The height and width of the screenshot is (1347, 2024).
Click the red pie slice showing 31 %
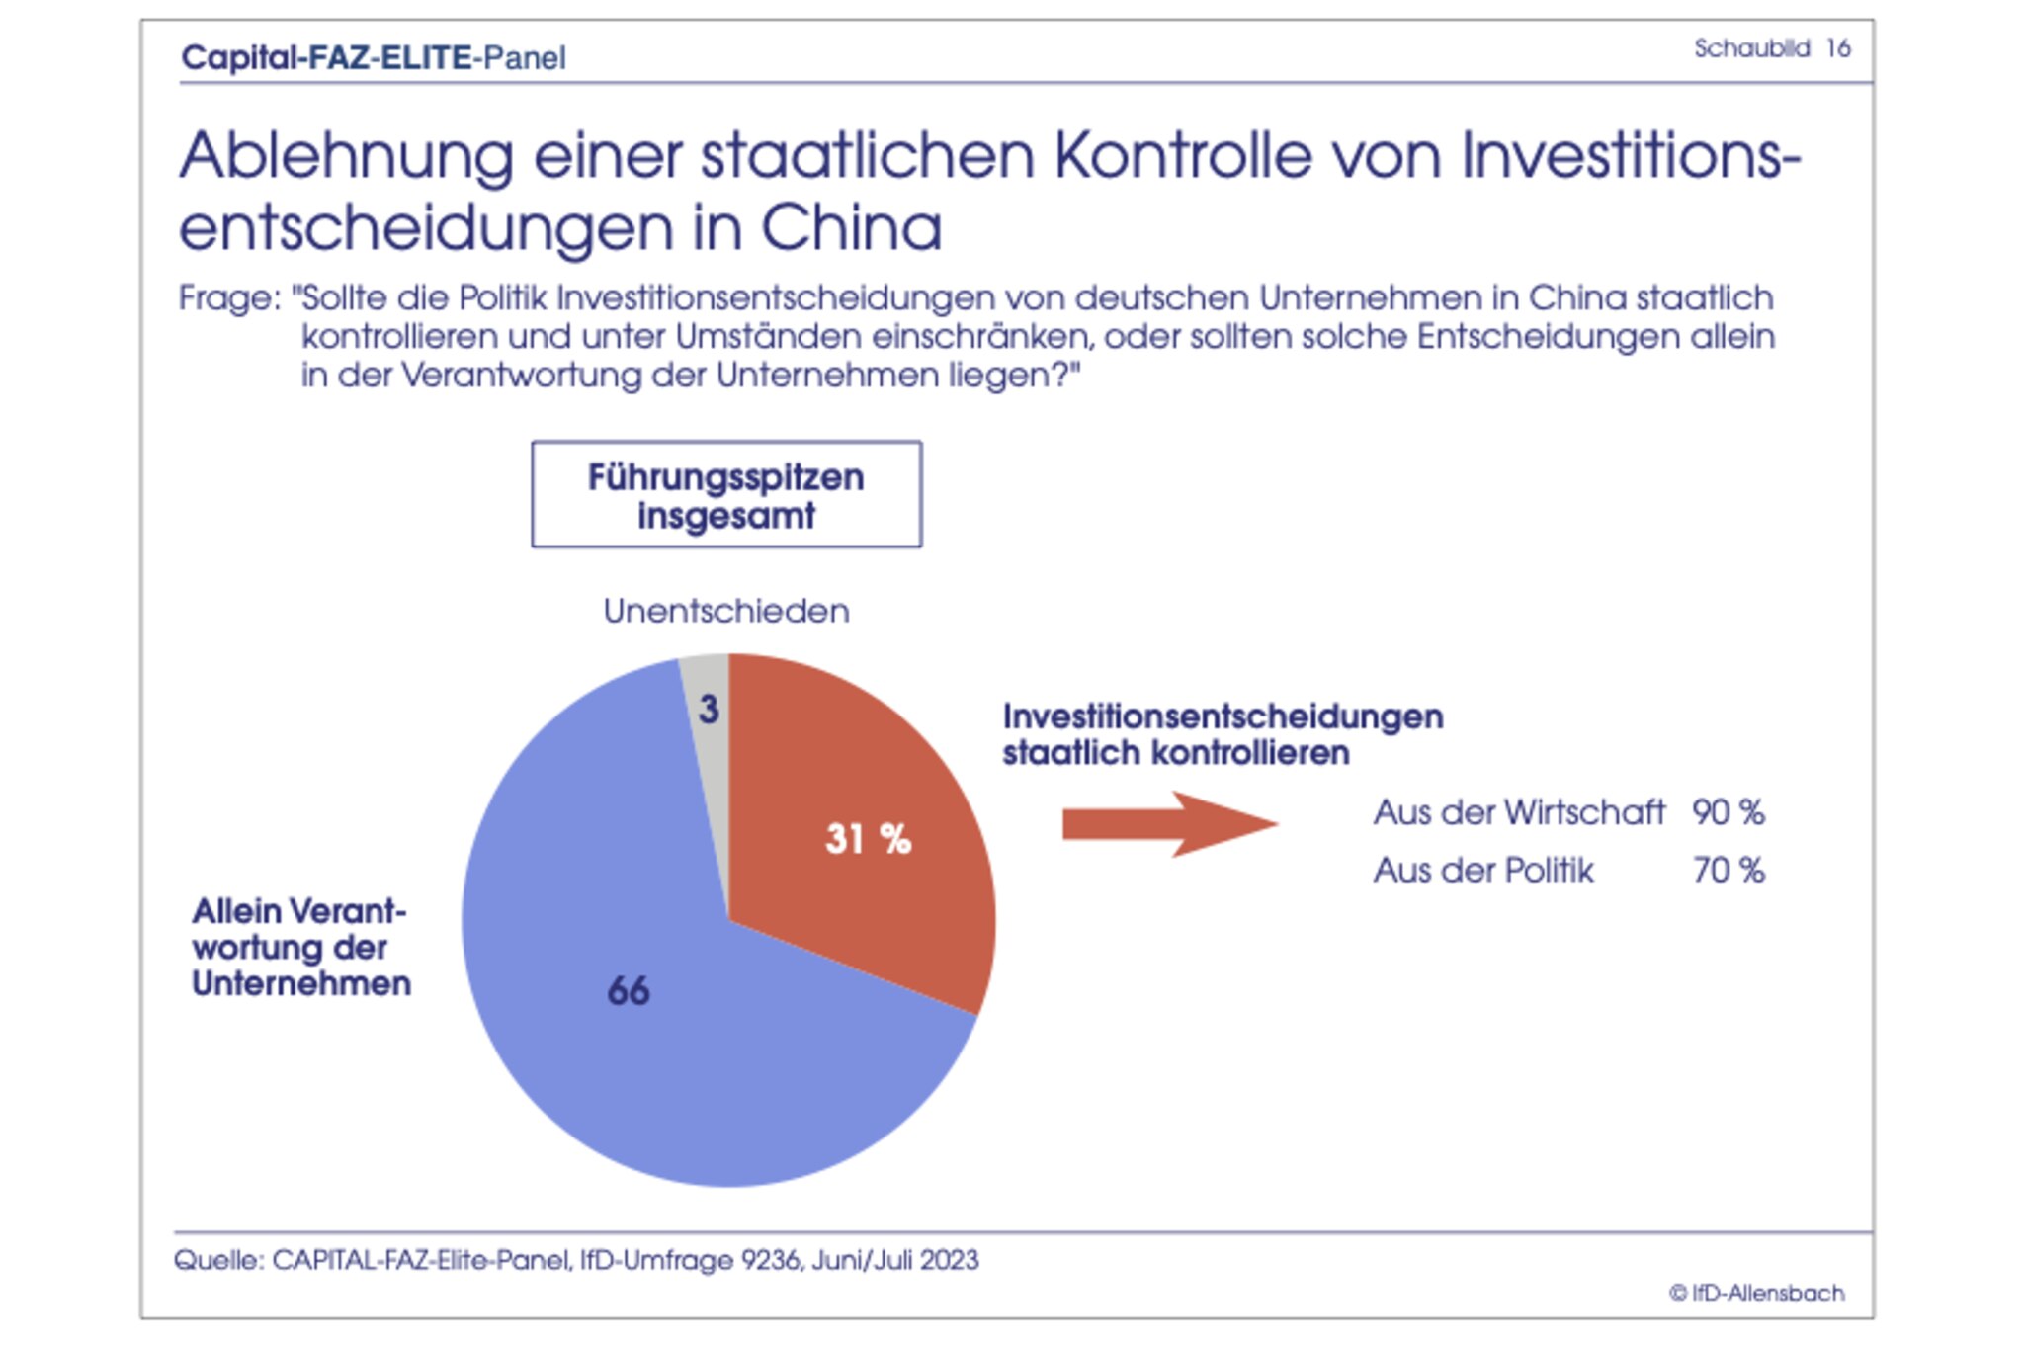tap(870, 840)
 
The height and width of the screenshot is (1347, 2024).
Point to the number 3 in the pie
tap(709, 710)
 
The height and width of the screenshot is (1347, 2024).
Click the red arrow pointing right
tap(1166, 823)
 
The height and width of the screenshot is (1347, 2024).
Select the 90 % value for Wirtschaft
tap(1728, 812)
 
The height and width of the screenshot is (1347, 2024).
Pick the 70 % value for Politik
tap(1728, 871)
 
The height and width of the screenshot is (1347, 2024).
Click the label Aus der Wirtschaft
tap(1518, 812)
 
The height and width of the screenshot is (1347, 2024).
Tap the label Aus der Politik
tap(1482, 871)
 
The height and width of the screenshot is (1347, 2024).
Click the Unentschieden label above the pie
tap(726, 612)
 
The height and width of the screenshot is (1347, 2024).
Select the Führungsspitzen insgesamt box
tap(726, 495)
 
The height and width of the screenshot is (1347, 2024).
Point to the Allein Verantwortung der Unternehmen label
tap(300, 947)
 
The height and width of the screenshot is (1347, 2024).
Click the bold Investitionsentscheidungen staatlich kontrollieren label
tap(1223, 734)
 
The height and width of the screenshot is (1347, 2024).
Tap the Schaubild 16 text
tap(1771, 48)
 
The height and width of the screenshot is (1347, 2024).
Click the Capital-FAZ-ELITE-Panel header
tap(374, 58)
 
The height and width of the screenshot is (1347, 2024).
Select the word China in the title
tap(851, 228)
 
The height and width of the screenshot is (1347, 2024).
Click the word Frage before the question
tap(228, 298)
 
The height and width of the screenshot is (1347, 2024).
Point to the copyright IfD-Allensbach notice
tap(1756, 1293)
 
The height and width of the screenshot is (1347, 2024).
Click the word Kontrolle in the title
tap(1181, 156)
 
